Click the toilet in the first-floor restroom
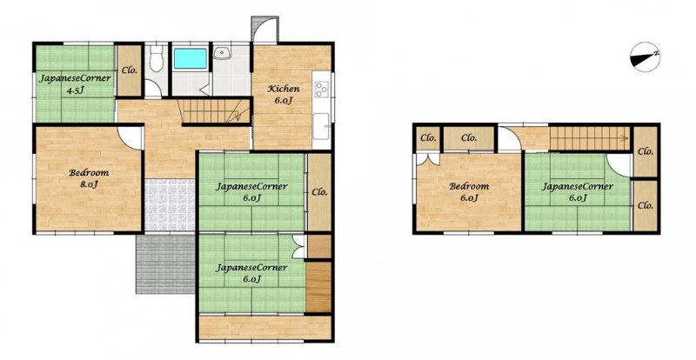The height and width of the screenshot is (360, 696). click(x=156, y=59)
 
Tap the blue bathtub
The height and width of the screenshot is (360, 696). click(x=190, y=58)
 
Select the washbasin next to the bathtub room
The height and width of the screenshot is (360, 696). click(x=221, y=53)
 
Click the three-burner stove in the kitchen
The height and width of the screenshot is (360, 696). click(x=321, y=90)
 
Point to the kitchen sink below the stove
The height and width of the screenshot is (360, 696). click(x=321, y=126)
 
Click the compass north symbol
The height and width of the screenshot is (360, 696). click(x=645, y=57)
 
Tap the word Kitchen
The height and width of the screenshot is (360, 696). click(x=283, y=89)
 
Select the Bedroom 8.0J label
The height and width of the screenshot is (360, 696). click(x=89, y=178)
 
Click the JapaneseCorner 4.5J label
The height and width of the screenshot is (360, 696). click(x=75, y=83)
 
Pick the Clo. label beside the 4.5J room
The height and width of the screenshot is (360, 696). click(x=129, y=70)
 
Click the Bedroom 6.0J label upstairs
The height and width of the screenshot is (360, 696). click(x=469, y=192)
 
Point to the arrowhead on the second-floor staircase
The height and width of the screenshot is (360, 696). click(x=626, y=138)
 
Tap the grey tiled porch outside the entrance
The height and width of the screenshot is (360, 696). click(x=165, y=263)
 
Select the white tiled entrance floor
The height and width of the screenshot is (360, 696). click(x=170, y=205)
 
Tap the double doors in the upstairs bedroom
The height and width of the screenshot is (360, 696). click(x=428, y=158)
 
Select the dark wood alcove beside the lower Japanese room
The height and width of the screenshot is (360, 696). click(x=318, y=287)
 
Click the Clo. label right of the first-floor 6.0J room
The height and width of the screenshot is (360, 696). click(x=319, y=192)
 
